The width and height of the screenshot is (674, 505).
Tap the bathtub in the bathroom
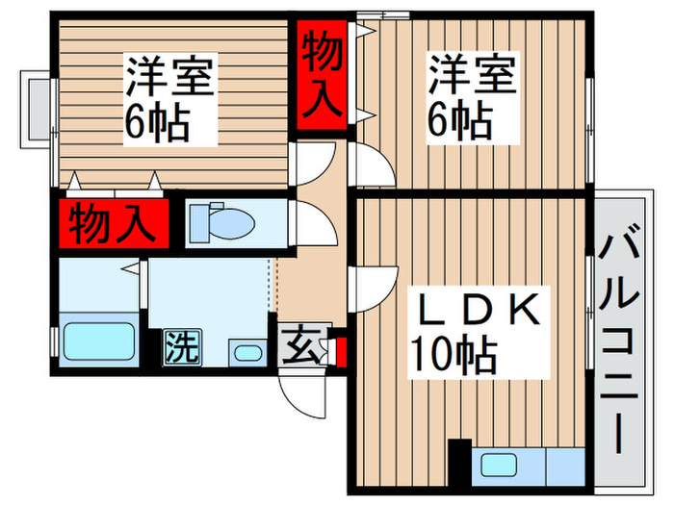click(97, 342)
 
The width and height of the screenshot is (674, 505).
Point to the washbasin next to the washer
click(247, 352)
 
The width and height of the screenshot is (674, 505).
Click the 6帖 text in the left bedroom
click(155, 122)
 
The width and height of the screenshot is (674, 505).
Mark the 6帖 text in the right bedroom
click(459, 122)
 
